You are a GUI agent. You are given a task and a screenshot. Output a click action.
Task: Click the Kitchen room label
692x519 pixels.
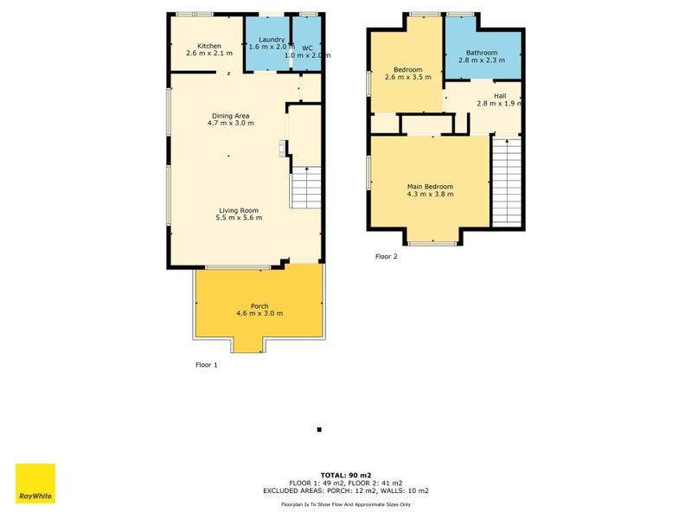(209, 46)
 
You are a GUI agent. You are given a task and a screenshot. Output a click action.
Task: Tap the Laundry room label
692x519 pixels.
(272, 39)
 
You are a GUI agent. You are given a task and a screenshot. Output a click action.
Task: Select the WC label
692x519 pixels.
(307, 47)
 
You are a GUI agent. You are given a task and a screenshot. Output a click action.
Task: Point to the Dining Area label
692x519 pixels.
(230, 115)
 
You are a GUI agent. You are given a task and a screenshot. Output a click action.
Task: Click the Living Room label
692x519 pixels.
(238, 210)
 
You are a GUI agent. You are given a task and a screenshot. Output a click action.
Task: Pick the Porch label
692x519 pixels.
(259, 306)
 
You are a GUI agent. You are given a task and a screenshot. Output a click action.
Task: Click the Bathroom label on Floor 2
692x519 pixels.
(482, 53)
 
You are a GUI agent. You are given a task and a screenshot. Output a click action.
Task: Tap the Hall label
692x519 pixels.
(500, 96)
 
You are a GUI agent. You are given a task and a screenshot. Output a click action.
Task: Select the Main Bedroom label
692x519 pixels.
(430, 186)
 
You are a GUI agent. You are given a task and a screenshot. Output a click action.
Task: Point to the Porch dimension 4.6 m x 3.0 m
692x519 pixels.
(259, 314)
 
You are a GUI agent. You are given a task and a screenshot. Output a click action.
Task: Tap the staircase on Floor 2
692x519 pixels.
(507, 182)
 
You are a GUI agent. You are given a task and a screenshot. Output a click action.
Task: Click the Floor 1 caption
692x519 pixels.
(206, 365)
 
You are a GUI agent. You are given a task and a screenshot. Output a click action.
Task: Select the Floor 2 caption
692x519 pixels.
(386, 256)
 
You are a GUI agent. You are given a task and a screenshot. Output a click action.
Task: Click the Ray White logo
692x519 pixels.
(35, 484)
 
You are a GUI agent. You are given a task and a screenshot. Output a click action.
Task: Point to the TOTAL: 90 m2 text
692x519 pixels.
(345, 476)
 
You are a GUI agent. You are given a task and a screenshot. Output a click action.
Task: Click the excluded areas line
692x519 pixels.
(345, 490)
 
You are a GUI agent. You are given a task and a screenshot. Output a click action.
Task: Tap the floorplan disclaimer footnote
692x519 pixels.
(345, 503)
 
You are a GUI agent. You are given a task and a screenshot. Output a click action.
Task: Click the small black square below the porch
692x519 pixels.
(319, 430)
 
